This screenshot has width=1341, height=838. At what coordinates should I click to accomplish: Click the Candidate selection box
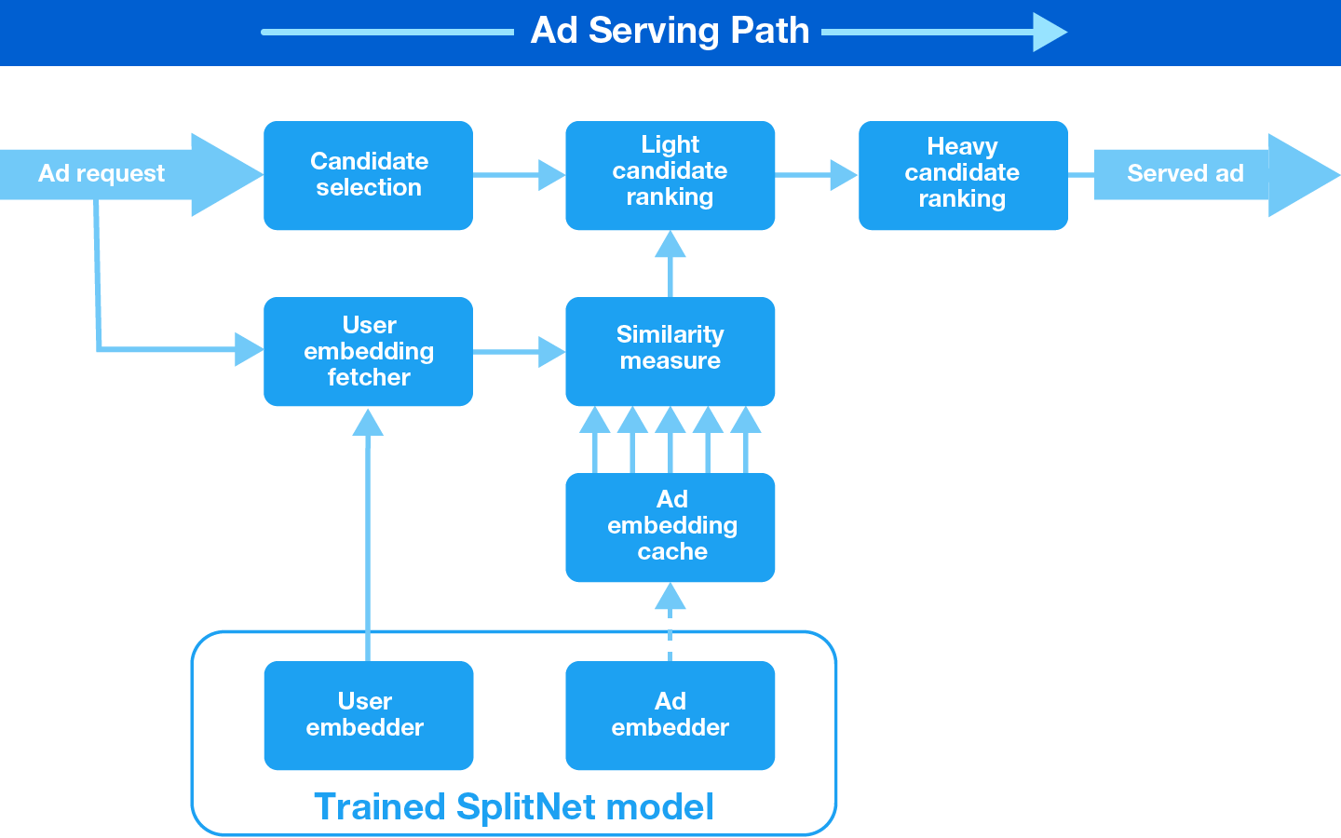coord(368,175)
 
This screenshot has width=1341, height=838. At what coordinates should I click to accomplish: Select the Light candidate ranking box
coord(670,175)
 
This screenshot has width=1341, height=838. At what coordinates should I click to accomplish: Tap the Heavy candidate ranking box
coord(962,175)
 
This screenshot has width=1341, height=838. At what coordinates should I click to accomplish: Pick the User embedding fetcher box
coord(368,351)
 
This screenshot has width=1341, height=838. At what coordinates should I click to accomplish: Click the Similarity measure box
coord(670,351)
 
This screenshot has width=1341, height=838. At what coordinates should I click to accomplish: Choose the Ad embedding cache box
coord(670,527)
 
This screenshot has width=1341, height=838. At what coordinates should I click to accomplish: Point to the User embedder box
coord(368,715)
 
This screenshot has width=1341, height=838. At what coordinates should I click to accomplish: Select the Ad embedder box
coord(670,715)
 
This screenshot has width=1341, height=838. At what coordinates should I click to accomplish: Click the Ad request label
coord(102,174)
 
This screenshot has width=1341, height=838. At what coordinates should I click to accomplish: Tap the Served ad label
coord(1185,174)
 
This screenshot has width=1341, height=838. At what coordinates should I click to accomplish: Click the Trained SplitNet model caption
coord(514,806)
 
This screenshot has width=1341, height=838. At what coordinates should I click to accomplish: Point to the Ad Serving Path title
coord(670,31)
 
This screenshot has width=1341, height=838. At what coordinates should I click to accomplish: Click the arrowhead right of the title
coord(1050,32)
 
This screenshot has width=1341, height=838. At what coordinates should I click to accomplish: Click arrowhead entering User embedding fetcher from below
coord(368,424)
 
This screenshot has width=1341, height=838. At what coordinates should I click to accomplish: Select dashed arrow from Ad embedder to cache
coord(670,620)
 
